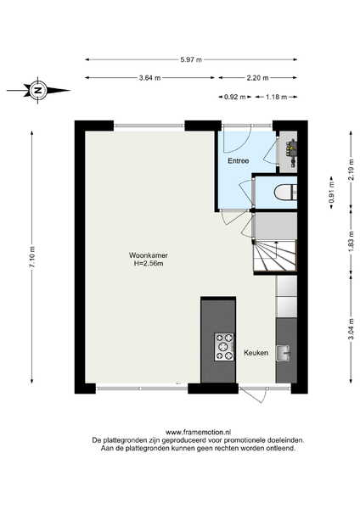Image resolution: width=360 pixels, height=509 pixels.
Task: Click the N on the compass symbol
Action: pos(38,90)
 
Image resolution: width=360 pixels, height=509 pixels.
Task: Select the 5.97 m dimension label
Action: pos(191,59)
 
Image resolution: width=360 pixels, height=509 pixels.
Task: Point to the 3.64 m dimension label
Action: pos(149,78)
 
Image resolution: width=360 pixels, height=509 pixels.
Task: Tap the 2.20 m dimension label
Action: pos(257,78)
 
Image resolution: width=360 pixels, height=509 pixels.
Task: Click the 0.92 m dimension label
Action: pos(235,97)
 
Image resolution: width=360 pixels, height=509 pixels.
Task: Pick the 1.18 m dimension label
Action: pos(276,97)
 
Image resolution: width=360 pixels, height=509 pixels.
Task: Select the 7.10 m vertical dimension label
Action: pos(32,257)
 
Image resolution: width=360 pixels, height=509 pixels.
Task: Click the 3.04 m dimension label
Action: pos(351,329)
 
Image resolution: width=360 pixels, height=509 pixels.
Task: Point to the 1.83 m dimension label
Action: pos(351,241)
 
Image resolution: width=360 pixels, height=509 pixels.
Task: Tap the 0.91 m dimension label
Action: pos(331,193)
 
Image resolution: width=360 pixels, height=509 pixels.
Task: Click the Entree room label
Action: pos(238,160)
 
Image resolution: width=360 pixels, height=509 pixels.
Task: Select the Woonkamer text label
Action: pos(149,255)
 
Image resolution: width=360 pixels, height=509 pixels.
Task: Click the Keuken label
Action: pos(256,353)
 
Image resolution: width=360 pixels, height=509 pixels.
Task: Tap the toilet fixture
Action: pos(285,192)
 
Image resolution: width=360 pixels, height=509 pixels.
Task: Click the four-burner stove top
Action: pos(224,347)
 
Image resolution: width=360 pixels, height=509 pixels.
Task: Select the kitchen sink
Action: pos(283,353)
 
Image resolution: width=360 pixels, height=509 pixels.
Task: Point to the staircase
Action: pos(275,255)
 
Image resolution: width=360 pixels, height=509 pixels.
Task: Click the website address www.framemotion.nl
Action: pos(198,432)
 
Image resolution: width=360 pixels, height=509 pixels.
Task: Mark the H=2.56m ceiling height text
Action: pos(149,264)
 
